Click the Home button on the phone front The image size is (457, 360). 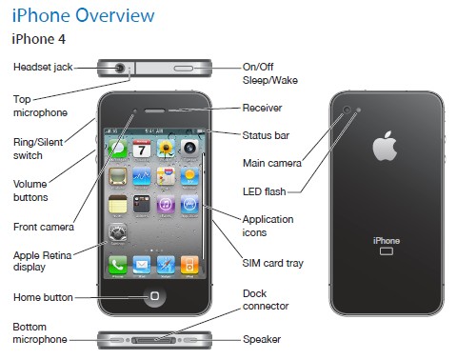pyautogui.click(x=154, y=296)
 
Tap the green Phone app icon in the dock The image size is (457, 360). pyautogui.click(x=118, y=265)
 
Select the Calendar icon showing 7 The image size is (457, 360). pyautogui.click(x=142, y=149)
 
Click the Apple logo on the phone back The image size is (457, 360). pyautogui.click(x=385, y=146)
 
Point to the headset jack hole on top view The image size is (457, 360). pyautogui.click(x=120, y=68)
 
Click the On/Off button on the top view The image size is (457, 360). pyautogui.click(x=184, y=69)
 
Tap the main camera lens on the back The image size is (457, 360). pyautogui.click(x=348, y=110)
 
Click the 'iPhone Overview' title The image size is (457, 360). pyautogui.click(x=83, y=15)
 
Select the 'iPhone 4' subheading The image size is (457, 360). pyautogui.click(x=39, y=39)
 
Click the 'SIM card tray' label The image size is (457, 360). pyautogui.click(x=273, y=263)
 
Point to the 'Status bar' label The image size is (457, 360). pyautogui.click(x=266, y=135)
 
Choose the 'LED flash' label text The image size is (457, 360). pyautogui.click(x=265, y=191)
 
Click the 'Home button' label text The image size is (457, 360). pyautogui.click(x=43, y=297)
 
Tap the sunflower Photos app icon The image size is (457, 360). pyautogui.click(x=166, y=149)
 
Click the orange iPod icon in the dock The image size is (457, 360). pyautogui.click(x=189, y=265)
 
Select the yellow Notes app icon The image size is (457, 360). pyautogui.click(x=118, y=204)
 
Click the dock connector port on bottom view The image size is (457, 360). pyautogui.click(x=154, y=340)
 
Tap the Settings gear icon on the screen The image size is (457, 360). pyautogui.click(x=118, y=232)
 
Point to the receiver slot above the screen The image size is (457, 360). pyautogui.click(x=154, y=110)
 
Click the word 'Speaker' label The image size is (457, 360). pyautogui.click(x=262, y=339)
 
